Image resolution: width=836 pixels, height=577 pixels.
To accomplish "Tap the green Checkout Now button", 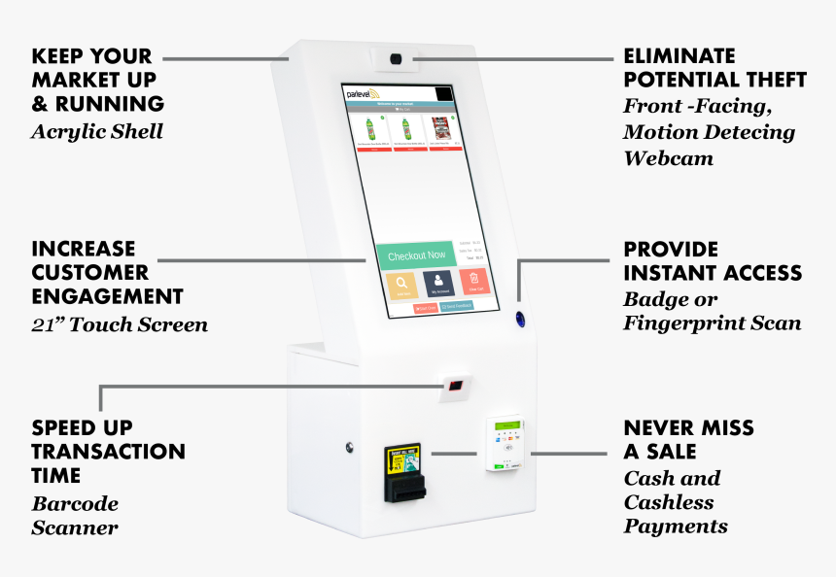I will pyautogui.click(x=416, y=255).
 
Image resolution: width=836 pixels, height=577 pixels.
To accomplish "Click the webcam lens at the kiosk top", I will pyautogui.click(x=396, y=59).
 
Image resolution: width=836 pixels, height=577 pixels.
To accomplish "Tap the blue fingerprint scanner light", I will pyautogui.click(x=519, y=318).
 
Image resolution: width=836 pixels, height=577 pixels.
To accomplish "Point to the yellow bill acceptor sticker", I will pyautogui.click(x=403, y=458).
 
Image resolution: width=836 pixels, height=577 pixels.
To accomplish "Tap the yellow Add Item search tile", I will pyautogui.click(x=401, y=284).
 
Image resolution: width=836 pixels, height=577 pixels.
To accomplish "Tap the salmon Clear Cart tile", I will pyautogui.click(x=474, y=282).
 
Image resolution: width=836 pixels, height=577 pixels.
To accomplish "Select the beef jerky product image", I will pyautogui.click(x=439, y=130).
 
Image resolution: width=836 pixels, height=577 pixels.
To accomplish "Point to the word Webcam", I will pyautogui.click(x=668, y=157).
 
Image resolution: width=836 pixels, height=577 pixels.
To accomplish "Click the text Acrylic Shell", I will pyautogui.click(x=96, y=131).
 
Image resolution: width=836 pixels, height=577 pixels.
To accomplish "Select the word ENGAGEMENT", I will pyautogui.click(x=107, y=296).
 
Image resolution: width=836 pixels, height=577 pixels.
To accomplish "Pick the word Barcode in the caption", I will pyautogui.click(x=75, y=504).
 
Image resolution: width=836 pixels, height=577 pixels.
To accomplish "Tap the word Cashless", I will pyautogui.click(x=669, y=502).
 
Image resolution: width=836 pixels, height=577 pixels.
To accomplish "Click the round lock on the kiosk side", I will pyautogui.click(x=350, y=448).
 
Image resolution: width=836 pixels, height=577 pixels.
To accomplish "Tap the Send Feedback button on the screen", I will pyautogui.click(x=456, y=307).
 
